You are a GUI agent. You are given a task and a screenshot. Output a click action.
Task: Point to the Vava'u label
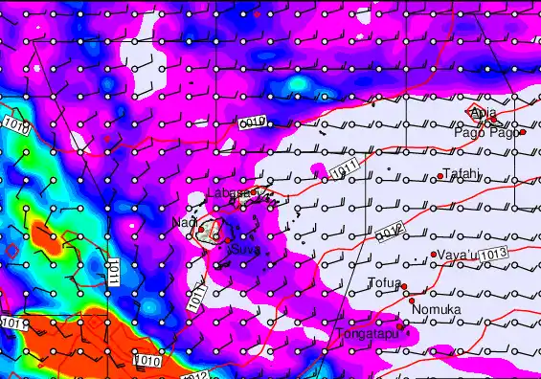[x=457, y=256]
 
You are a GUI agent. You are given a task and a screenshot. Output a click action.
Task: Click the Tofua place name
[x=383, y=282]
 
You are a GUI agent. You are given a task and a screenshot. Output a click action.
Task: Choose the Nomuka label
[x=436, y=310]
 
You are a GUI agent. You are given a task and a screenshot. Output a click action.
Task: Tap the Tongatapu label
[x=365, y=334]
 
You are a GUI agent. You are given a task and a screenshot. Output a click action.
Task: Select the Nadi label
[x=183, y=223]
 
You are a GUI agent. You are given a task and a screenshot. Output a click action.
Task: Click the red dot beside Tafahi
[x=440, y=176]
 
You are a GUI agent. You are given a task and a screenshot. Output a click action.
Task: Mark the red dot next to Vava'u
[x=434, y=255]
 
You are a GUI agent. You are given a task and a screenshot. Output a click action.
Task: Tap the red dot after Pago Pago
[x=523, y=132]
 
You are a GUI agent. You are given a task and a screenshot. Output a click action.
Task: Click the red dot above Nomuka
[x=413, y=300]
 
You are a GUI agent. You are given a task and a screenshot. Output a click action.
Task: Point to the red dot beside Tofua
[x=404, y=286]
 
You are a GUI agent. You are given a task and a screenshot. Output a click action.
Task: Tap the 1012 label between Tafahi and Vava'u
[x=385, y=231]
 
